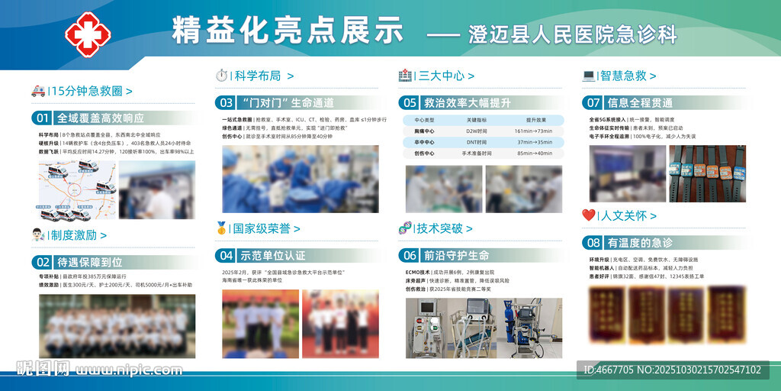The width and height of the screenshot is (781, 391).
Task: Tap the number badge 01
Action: pos(42,118)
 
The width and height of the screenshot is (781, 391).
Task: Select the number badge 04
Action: pos(225,255)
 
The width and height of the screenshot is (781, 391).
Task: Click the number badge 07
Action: pos(593,102)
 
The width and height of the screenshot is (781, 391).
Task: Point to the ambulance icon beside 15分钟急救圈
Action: pos(38,91)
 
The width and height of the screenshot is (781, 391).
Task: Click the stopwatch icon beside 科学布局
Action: pos(222,75)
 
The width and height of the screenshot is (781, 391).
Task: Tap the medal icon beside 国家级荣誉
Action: pos(222,228)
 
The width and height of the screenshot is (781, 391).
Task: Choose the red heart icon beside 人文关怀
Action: pos(589,215)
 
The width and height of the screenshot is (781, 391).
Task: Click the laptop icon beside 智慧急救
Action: pos(588,75)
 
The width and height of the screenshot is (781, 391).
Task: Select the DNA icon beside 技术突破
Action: pos(405,228)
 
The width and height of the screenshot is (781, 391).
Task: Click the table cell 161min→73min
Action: pos(533,131)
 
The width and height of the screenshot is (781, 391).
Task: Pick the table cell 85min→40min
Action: pos(533,153)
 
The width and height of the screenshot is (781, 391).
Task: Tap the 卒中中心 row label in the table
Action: pos(424,142)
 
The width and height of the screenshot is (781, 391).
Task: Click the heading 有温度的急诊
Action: pos(640,243)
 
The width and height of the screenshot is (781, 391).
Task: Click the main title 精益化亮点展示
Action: pos(288,31)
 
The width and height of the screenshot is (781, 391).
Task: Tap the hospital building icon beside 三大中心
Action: pos(405,75)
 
